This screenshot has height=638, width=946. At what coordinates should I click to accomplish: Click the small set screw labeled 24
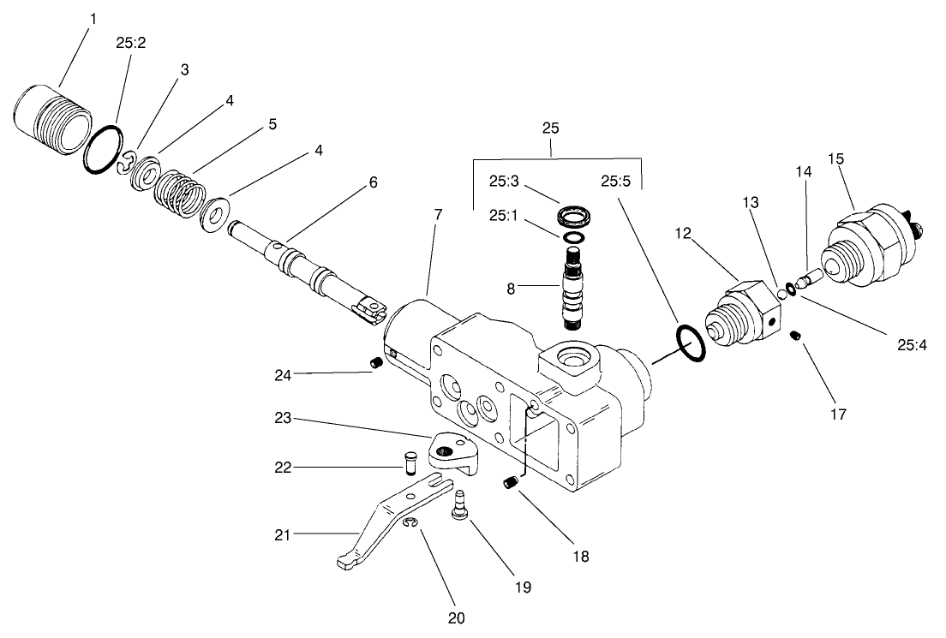point(375,365)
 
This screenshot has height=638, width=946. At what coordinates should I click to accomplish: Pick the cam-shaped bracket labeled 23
point(452,451)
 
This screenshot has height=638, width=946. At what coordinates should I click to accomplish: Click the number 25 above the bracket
point(551,128)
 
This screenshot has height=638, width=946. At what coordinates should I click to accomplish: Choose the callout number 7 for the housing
point(437,213)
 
